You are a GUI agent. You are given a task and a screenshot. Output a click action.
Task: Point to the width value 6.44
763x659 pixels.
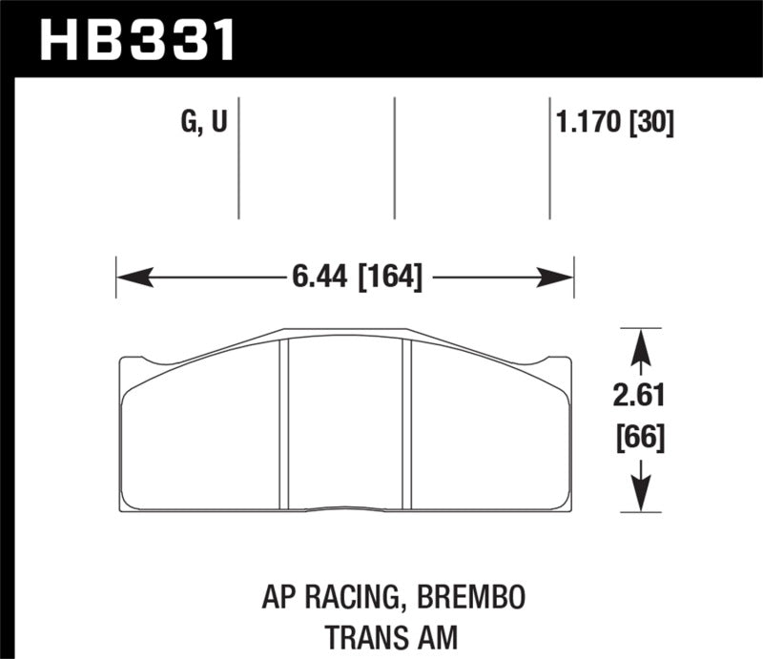click(x=320, y=278)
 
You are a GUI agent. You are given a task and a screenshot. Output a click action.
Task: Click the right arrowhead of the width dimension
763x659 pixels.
click(x=558, y=278)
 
